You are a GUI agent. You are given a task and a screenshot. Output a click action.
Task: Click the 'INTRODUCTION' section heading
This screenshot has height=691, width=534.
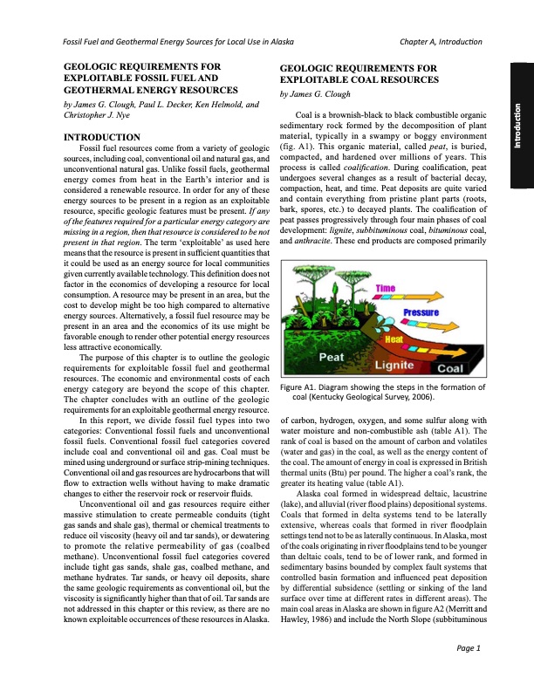click(x=97, y=138)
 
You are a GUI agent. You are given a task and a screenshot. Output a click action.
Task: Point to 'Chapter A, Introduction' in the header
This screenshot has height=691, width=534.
click(x=446, y=42)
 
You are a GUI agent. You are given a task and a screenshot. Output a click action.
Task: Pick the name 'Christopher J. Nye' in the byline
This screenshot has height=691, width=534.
click(x=91, y=114)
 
